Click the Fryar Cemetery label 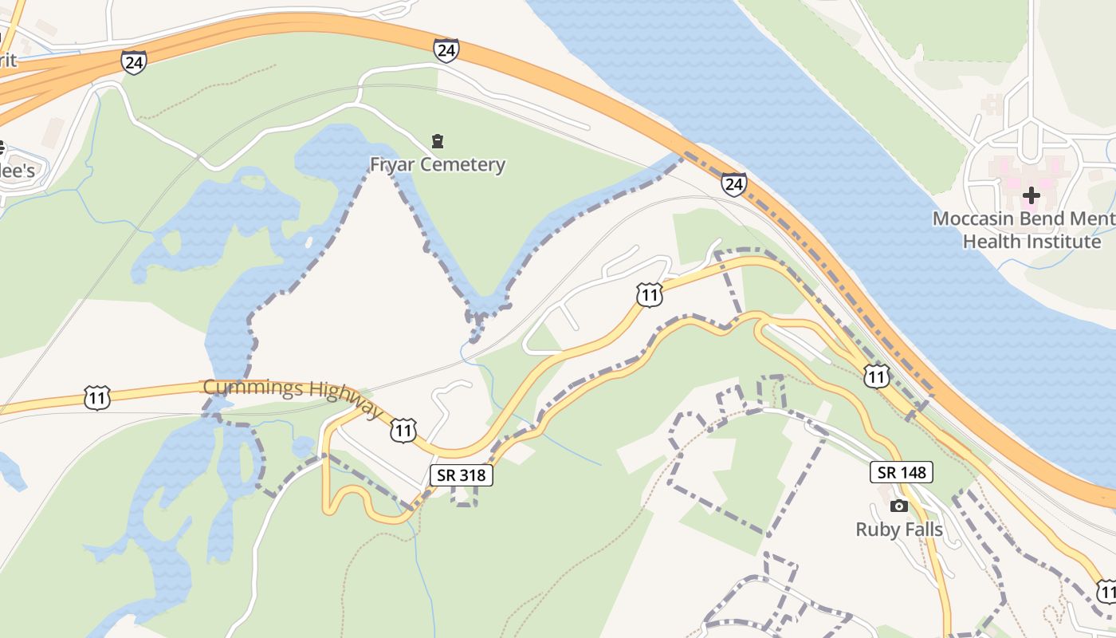438,165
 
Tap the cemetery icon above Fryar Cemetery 438,142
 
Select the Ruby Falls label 899,530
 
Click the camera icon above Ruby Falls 899,506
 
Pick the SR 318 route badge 462,475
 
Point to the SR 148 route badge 902,472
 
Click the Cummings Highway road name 293,397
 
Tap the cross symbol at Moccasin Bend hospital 1032,195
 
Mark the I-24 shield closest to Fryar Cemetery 446,50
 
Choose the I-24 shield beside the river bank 734,184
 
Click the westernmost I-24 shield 134,61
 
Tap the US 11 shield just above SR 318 403,431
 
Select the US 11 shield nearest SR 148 877,375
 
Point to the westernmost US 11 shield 96,397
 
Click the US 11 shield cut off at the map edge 1106,591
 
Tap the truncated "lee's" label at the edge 18,171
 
